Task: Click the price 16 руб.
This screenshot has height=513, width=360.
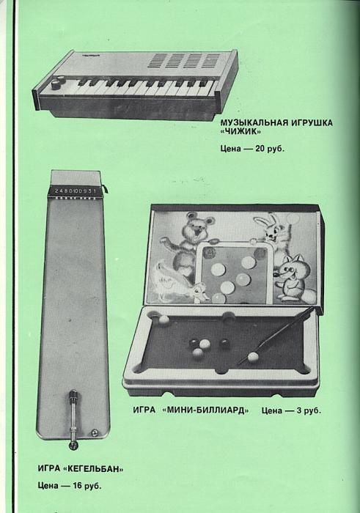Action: coord(87,485)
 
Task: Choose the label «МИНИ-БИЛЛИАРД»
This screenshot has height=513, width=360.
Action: coord(205,410)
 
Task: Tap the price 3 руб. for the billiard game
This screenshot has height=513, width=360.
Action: coord(309,410)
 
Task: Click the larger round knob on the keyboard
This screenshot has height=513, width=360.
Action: coord(56,85)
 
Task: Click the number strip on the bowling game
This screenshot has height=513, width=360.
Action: coord(76,191)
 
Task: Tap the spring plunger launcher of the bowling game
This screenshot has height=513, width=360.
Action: coord(73,418)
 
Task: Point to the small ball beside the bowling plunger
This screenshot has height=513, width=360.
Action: coord(95,432)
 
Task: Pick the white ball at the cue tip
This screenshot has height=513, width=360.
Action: coord(252,357)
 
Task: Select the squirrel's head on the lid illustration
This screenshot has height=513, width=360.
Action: coord(290,267)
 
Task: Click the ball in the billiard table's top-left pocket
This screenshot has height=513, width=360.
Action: coord(164,319)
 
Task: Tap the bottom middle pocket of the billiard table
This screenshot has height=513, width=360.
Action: coord(223,370)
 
